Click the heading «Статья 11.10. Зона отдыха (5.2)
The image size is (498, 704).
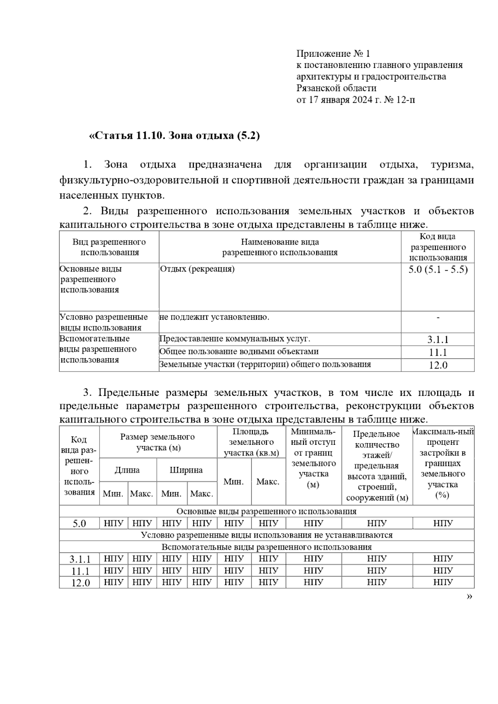pos(174,136)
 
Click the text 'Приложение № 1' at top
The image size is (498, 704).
pos(333,53)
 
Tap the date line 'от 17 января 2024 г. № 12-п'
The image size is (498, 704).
pos(355,100)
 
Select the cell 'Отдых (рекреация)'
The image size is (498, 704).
pos(198,269)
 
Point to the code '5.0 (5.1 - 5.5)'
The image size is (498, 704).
pos(438,269)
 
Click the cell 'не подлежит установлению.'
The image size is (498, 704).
pos(215,318)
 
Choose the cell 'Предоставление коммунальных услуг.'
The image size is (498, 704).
pos(235,339)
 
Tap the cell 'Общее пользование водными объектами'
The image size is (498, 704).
pos(239,352)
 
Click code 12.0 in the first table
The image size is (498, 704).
pos(438,365)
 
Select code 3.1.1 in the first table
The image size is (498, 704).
pos(438,340)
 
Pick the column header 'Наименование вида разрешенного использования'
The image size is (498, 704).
pos(280,247)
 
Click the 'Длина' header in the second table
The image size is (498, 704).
pos(127,470)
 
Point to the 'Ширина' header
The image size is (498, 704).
pos(186,470)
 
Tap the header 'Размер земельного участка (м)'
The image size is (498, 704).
pos(158,442)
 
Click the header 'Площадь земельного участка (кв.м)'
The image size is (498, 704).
pos(251,442)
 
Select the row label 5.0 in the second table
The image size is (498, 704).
pos(79,524)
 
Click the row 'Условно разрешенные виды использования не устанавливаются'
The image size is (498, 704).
pos(266,535)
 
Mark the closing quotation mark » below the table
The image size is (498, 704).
pos(469,597)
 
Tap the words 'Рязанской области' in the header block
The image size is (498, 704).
pos(337,88)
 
